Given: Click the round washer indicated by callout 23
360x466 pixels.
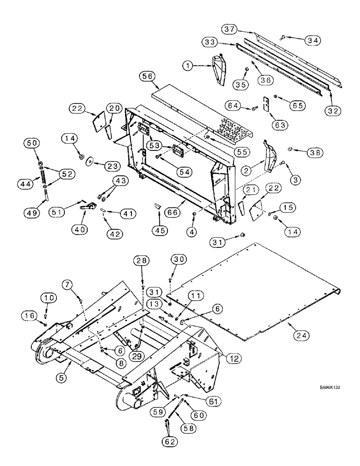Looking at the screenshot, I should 88,163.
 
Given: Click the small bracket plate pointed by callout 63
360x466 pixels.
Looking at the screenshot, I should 267,105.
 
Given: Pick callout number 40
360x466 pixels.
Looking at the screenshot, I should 81,228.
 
